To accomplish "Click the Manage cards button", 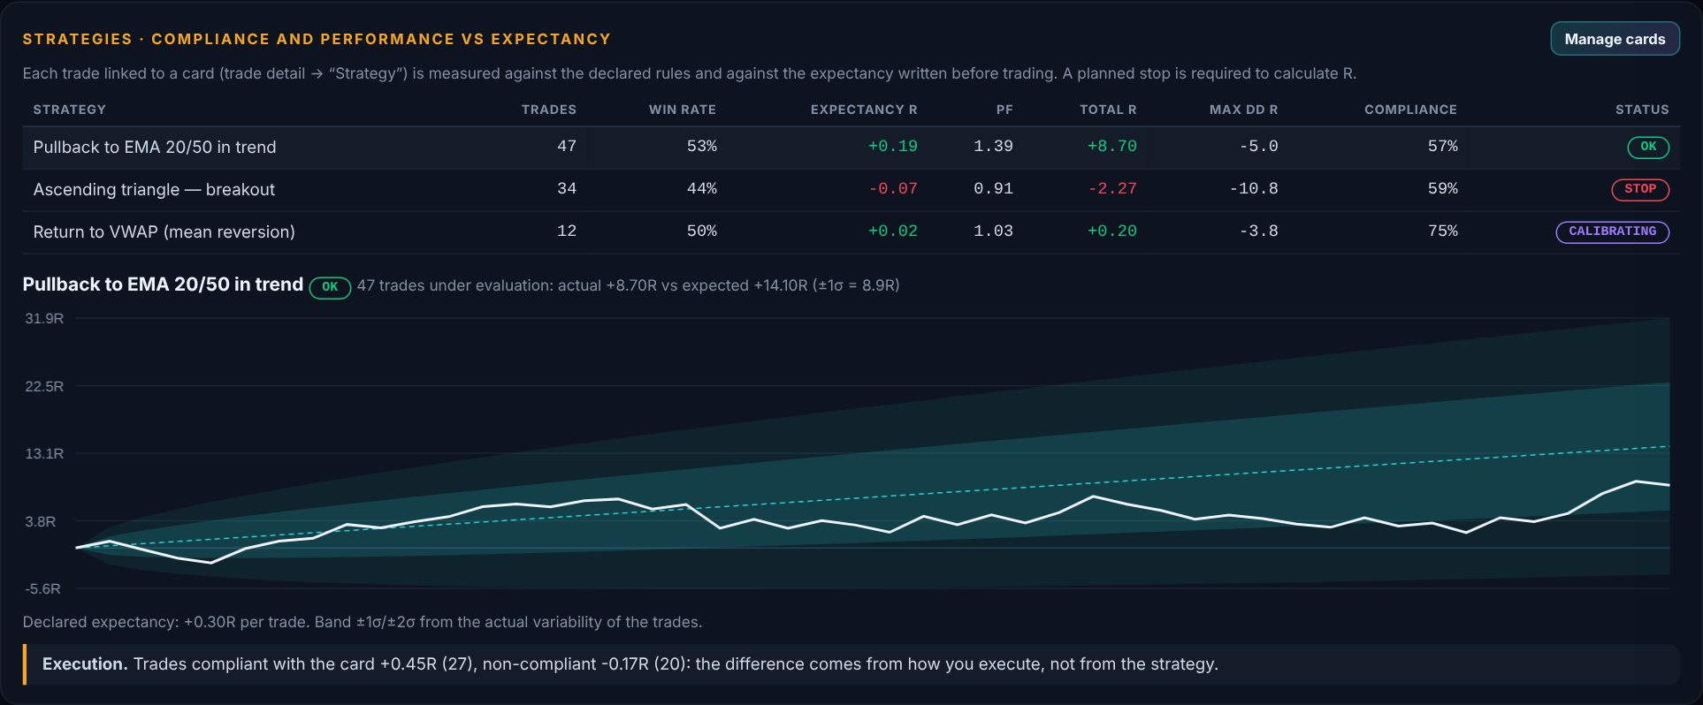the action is coord(1615,39).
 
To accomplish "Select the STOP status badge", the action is coord(1640,189).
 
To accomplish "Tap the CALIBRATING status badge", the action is coord(1613,231).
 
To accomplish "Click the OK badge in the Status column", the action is coord(1648,147).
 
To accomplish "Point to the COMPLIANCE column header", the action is coord(1410,110).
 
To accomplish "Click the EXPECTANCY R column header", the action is coord(864,110).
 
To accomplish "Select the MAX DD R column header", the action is coord(1243,110).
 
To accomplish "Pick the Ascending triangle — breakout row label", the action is coord(154,189).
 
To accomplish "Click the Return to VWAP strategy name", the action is coord(164,231).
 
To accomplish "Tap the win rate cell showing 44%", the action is coord(702,188).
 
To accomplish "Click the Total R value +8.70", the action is coord(1112,146).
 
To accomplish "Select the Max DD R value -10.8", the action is coord(1254,188).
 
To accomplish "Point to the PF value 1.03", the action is coord(994,231).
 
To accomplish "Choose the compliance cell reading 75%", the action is coord(1443,231).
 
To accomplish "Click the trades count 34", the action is coord(567,188).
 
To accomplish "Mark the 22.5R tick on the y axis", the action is coord(44,386).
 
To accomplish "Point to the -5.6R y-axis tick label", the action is coord(42,588).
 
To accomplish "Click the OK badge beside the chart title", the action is coord(330,287).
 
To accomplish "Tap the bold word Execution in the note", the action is coord(85,663).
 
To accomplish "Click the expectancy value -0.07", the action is coord(893,188).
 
